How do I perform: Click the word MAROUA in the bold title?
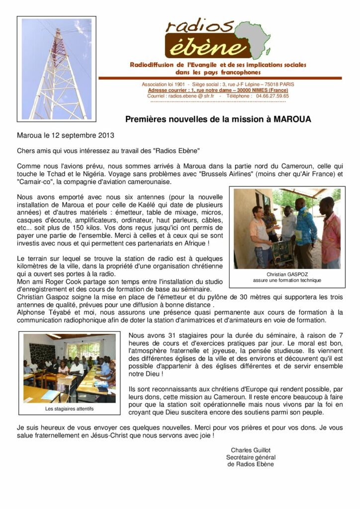[293, 119]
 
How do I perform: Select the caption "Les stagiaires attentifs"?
[69, 409]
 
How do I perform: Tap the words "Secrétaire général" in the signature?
[251, 457]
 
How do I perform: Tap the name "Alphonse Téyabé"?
[41, 312]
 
